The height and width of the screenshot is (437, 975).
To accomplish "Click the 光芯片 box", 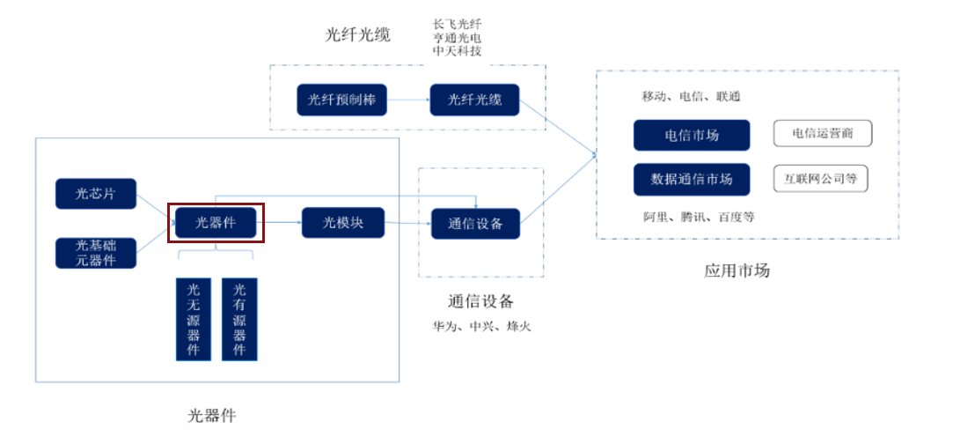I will [96, 194].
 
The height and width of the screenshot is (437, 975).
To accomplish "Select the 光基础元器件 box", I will [96, 253].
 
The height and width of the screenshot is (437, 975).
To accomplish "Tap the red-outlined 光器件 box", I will [216, 223].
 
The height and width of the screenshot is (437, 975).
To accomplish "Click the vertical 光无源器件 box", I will [194, 319].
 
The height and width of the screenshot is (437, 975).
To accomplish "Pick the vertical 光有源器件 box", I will [239, 319].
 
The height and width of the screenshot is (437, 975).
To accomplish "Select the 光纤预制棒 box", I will [342, 100].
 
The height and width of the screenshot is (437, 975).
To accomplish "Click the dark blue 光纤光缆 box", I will [474, 100].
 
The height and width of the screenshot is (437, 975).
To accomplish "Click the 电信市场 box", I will [692, 135].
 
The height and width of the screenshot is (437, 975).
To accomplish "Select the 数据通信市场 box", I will [692, 179].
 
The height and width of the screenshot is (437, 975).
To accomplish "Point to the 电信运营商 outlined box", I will [822, 134].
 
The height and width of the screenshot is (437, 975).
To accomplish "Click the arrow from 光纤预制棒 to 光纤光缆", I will [408, 100].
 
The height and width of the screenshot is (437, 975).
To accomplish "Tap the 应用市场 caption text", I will [737, 270].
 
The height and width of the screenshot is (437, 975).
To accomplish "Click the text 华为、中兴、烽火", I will [481, 326].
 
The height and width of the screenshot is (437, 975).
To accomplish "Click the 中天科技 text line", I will [457, 52].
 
